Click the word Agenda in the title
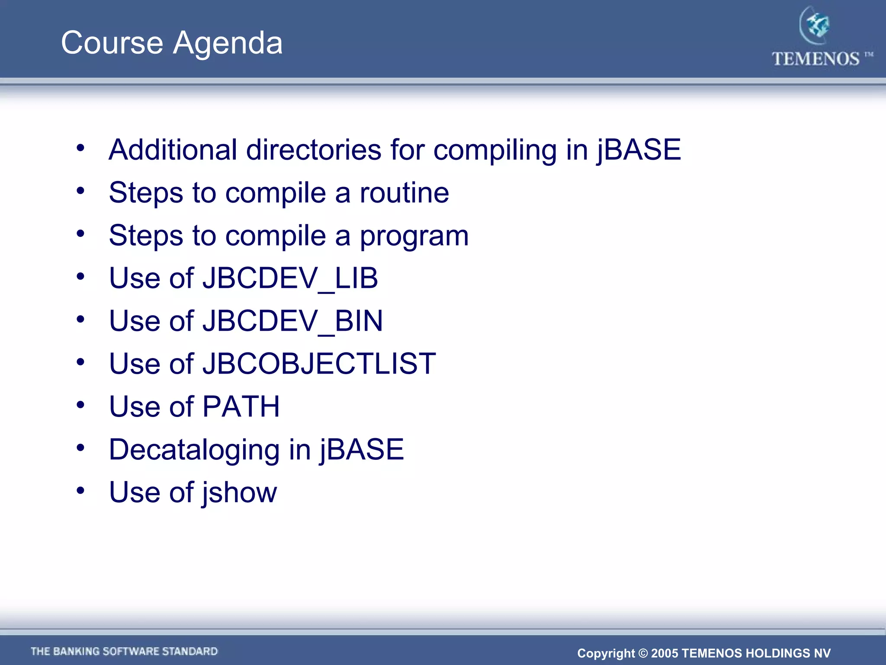click(228, 43)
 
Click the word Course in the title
click(112, 43)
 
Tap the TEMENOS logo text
click(815, 59)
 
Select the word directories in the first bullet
click(314, 150)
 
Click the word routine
click(404, 193)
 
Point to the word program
click(414, 236)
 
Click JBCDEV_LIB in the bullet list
click(290, 278)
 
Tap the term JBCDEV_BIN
click(292, 321)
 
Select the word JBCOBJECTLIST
click(319, 364)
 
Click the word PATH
click(241, 407)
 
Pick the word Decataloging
click(194, 449)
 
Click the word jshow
click(239, 493)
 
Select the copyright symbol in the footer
click(643, 653)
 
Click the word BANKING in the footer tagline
click(76, 652)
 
